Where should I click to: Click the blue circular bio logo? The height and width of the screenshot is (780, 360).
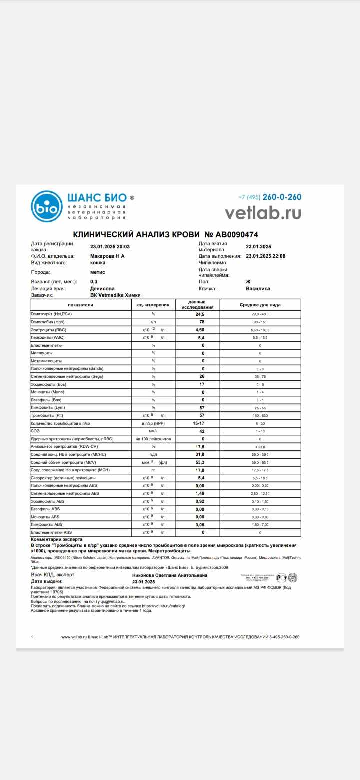point(47,206)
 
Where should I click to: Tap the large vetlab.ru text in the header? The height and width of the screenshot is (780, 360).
point(263,213)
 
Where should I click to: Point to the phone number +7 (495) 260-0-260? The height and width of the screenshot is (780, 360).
point(270,197)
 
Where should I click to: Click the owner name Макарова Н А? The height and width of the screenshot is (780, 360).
point(107,256)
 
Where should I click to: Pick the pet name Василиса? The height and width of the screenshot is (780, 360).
point(258,288)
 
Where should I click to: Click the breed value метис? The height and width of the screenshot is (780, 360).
point(98,272)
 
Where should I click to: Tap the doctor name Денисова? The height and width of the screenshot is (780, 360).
point(102,288)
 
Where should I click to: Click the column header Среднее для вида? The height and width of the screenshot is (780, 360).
point(260,305)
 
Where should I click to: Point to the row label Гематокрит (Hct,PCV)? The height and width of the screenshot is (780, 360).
point(52,314)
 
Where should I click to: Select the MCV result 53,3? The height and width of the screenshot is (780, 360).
point(200,462)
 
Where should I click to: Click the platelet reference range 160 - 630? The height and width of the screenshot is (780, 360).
point(260,415)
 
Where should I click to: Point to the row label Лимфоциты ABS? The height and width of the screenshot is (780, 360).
point(47,524)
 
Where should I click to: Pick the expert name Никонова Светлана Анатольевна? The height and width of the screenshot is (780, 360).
point(162,575)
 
